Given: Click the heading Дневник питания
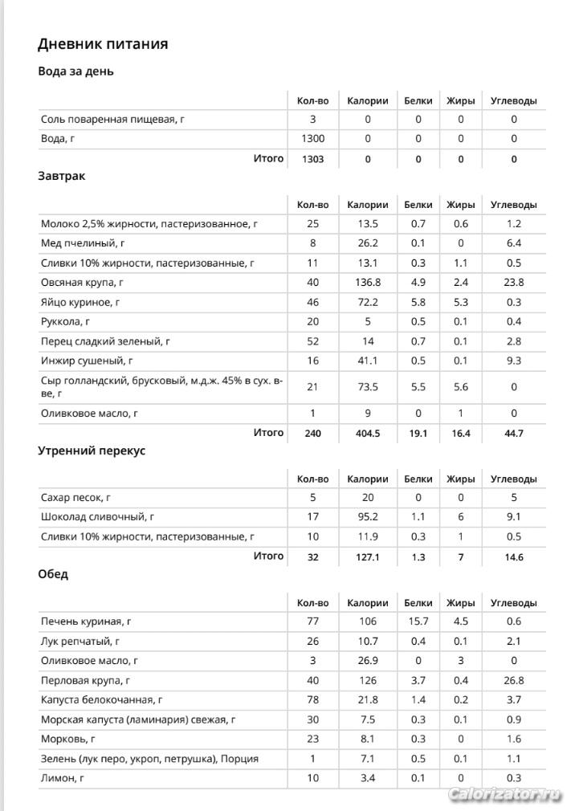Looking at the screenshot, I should click(103, 43).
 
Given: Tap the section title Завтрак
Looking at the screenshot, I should click(61, 175).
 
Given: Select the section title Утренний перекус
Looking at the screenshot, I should click(92, 450).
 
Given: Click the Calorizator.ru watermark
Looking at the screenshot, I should click(504, 794).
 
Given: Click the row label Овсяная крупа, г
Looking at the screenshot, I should click(82, 283).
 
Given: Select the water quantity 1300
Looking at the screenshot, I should click(312, 139).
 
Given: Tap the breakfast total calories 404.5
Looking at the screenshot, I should click(367, 434).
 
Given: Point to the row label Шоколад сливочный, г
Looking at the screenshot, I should click(97, 517).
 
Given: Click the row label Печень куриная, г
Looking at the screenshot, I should click(86, 621).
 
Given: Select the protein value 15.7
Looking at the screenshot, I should click(418, 621).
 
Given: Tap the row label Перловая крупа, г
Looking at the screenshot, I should click(86, 681).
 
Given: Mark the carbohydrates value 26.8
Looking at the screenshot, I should click(514, 681).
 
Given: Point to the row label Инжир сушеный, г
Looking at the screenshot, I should click(87, 361).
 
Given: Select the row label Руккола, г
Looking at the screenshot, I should click(68, 322).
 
